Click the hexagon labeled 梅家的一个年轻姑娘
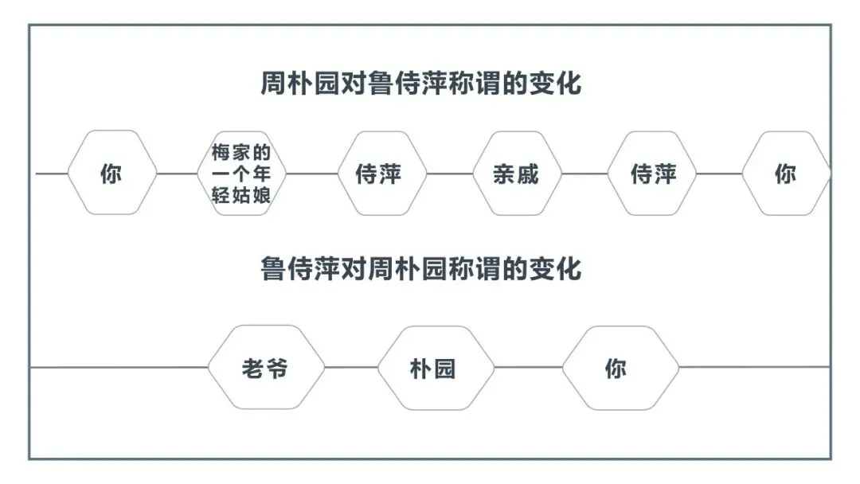click(x=241, y=174)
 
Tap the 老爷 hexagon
click(x=266, y=368)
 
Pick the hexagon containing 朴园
click(x=435, y=368)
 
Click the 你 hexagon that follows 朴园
click(x=620, y=368)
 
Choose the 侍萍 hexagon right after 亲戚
click(x=653, y=174)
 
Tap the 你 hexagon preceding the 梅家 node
click(x=111, y=174)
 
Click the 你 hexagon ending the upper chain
click(x=785, y=174)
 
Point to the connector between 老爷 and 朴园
click(x=350, y=368)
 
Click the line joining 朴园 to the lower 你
click(x=528, y=368)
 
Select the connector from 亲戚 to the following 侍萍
click(x=584, y=174)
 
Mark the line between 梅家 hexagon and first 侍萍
click(x=311, y=174)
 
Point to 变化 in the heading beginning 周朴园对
click(x=555, y=83)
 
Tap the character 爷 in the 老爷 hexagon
click(x=277, y=369)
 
